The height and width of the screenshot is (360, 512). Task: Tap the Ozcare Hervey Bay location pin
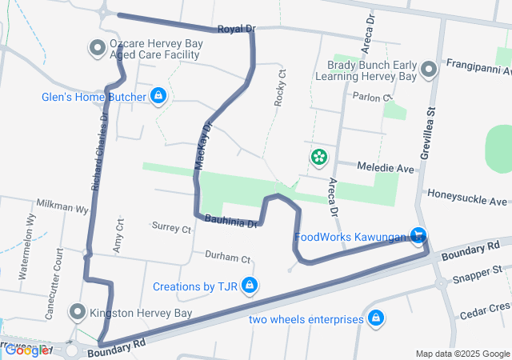tap(98, 48)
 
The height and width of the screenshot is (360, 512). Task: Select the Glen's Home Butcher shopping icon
tap(158, 96)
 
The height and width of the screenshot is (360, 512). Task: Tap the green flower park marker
tap(319, 156)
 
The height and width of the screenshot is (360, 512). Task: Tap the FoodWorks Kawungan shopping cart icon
tap(417, 235)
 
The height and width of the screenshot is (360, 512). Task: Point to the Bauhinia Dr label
tap(230, 220)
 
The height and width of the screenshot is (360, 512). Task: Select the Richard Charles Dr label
tap(98, 151)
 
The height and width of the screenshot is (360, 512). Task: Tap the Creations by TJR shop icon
tap(250, 285)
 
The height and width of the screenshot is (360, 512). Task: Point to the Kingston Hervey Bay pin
tap(78, 311)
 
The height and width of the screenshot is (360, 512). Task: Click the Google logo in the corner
tap(26, 350)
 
